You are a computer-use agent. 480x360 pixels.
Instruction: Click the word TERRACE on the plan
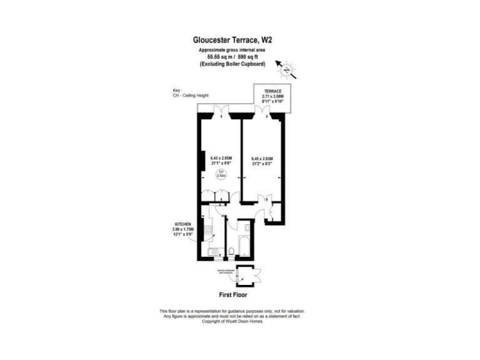(x=272, y=91)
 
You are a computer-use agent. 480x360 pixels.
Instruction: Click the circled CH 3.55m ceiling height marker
(x=221, y=174)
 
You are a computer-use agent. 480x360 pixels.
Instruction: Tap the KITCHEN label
(x=183, y=224)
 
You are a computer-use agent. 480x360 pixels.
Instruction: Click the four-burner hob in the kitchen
(x=207, y=230)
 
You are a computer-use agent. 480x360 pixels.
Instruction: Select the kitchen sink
(x=214, y=251)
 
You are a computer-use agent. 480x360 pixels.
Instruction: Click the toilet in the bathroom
(x=232, y=251)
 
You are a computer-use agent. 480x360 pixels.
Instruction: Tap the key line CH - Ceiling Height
(x=191, y=96)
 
